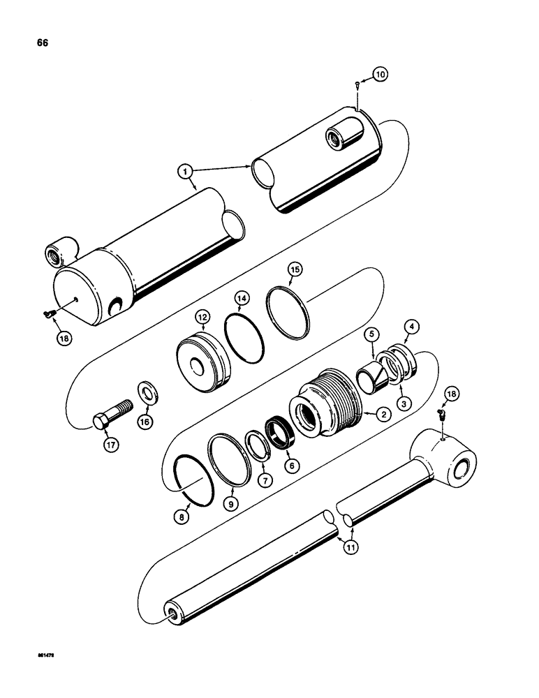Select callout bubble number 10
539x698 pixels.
(x=378, y=74)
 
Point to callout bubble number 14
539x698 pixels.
(x=242, y=299)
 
